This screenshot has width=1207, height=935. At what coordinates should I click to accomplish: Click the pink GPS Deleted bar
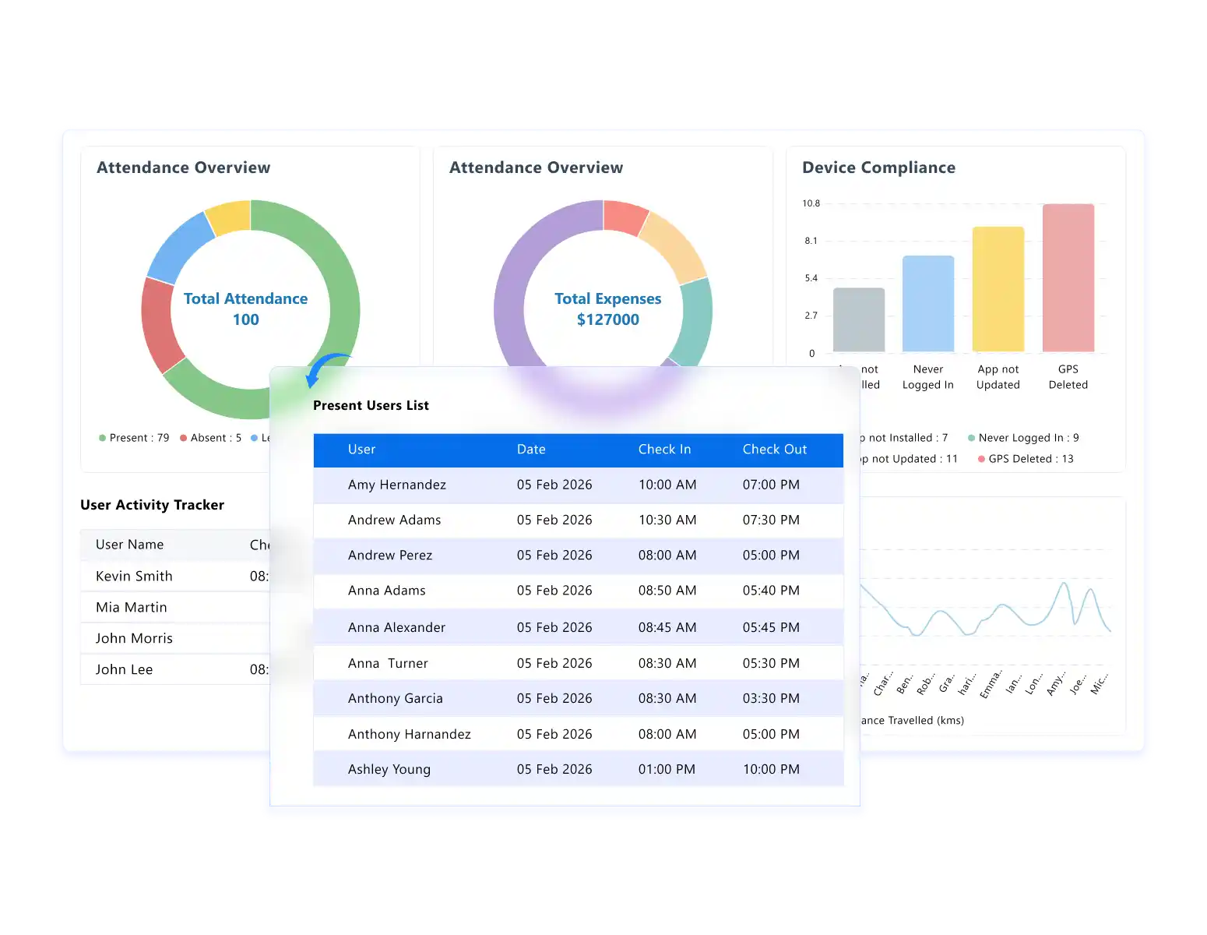[1068, 277]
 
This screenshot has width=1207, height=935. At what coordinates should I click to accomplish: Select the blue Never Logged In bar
[927, 304]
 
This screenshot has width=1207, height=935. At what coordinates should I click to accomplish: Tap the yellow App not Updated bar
[998, 289]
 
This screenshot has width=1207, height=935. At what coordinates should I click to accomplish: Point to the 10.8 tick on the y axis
[811, 203]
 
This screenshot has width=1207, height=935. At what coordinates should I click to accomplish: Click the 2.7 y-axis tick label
[811, 316]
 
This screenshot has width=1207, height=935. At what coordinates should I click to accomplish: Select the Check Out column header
[774, 450]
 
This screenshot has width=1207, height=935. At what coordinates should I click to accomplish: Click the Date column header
[531, 450]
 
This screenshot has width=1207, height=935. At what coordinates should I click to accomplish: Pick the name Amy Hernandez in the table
[396, 485]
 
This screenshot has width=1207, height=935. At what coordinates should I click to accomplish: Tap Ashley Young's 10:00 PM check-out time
[770, 769]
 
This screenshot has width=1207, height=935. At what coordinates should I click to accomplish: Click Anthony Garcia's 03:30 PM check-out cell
[770, 698]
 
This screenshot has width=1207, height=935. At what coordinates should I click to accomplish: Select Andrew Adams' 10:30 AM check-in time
[667, 520]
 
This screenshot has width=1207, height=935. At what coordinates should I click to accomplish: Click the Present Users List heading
[371, 405]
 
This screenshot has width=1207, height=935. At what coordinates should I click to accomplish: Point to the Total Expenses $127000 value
[607, 319]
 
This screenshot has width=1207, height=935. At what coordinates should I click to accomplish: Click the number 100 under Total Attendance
[245, 319]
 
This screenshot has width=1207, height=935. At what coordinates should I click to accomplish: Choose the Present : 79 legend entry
[134, 438]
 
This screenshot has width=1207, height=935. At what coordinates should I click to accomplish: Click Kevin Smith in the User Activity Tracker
[134, 576]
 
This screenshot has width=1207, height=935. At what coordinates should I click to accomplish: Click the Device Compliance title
[878, 168]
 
